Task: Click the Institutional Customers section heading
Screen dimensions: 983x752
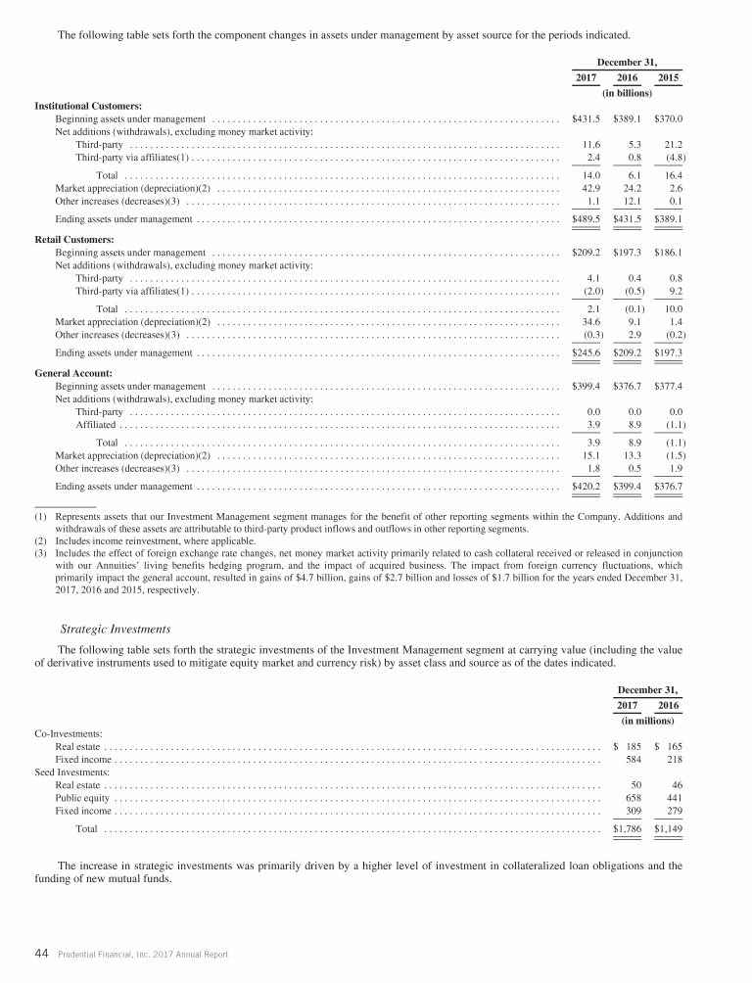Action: [88, 105]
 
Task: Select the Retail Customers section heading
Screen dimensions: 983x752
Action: [74, 239]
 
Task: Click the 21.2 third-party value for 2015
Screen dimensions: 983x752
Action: [672, 144]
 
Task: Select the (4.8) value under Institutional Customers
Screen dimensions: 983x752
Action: [672, 158]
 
